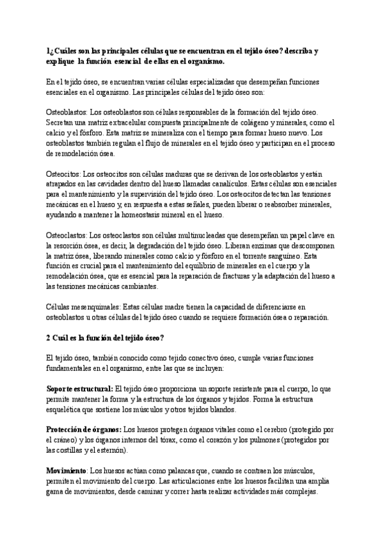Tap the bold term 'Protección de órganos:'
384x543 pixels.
83,430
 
